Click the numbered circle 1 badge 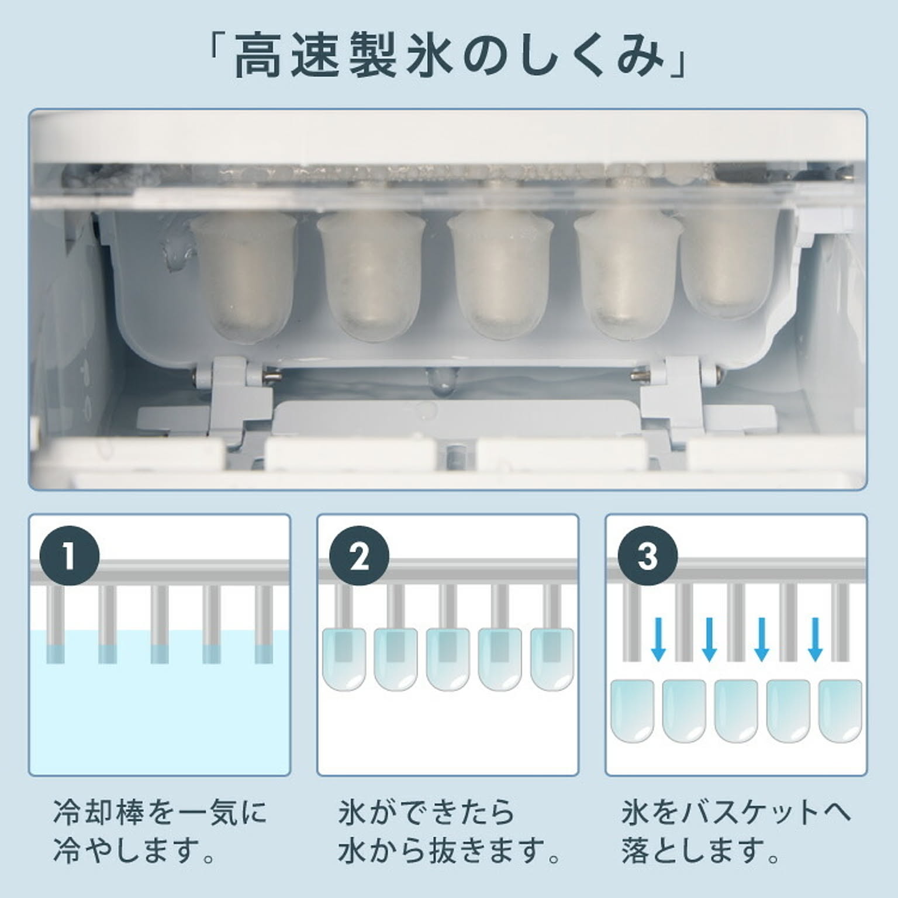tap(70, 555)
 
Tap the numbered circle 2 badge tap(359, 555)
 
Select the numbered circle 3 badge tap(648, 555)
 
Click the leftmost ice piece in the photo tap(244, 275)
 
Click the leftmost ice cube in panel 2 tap(344, 659)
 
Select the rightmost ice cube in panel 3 tap(840, 710)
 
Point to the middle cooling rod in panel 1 tap(160, 624)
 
